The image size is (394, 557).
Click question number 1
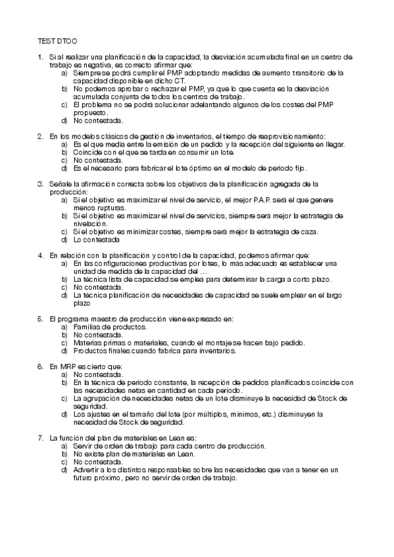[x=41, y=58]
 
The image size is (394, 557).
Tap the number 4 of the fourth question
[x=41, y=255]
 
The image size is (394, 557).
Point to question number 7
[x=41, y=437]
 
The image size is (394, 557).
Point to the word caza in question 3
[x=308, y=231]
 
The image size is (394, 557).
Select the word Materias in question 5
[x=87, y=342]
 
